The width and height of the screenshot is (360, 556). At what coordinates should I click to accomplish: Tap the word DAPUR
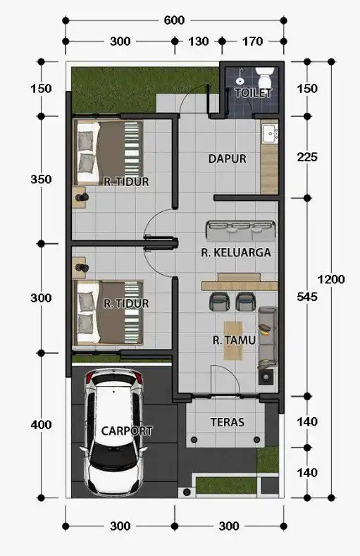click(x=227, y=159)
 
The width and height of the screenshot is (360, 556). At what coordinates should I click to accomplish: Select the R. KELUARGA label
click(x=236, y=250)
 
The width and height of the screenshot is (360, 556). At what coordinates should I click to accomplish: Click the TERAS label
click(x=227, y=422)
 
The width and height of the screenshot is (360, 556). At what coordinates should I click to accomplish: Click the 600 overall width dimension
click(x=174, y=20)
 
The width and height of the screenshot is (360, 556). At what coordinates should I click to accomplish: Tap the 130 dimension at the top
click(x=199, y=42)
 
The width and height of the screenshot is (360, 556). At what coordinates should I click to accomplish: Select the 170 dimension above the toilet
click(x=252, y=42)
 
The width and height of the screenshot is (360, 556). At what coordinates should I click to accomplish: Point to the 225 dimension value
click(x=307, y=157)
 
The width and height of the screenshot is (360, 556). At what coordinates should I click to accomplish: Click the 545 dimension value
click(x=307, y=297)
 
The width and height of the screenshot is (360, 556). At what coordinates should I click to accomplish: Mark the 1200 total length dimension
click(x=331, y=279)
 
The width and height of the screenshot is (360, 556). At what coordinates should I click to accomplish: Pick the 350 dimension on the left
click(x=42, y=180)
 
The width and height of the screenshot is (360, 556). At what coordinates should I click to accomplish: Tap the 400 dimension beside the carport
click(x=42, y=425)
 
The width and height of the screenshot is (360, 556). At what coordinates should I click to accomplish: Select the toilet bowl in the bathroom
click(x=266, y=75)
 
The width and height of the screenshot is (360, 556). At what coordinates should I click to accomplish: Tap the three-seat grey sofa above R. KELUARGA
click(x=240, y=230)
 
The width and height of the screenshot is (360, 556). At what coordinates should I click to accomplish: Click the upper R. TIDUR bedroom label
click(x=125, y=181)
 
